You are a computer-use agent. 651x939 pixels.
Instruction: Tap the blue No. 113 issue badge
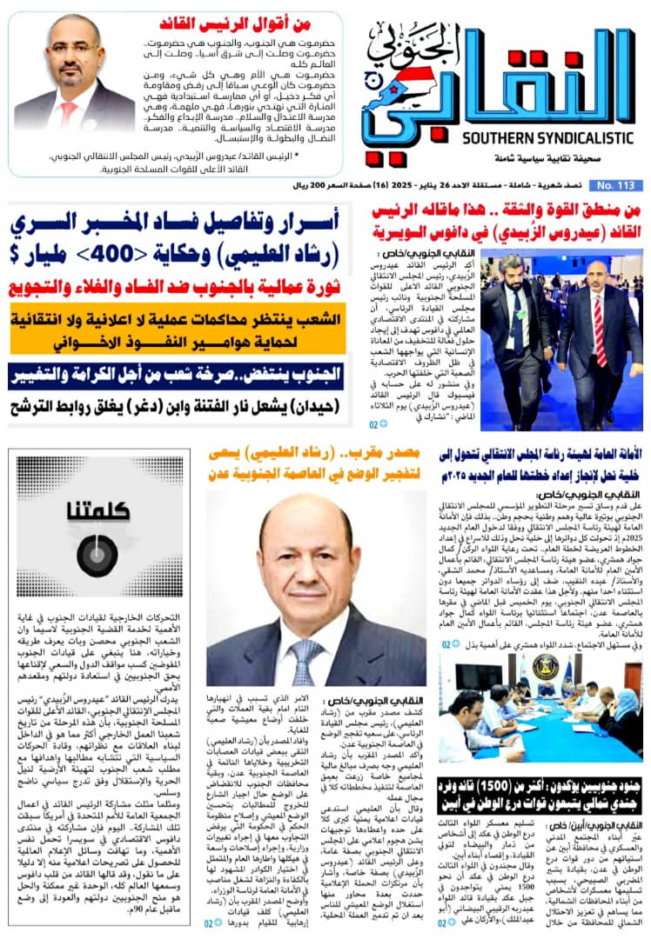pyautogui.click(x=614, y=185)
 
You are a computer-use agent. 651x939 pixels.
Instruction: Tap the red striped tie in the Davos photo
pyautogui.click(x=600, y=330)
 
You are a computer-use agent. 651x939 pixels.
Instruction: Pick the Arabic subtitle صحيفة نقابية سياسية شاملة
pyautogui.click(x=500, y=162)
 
